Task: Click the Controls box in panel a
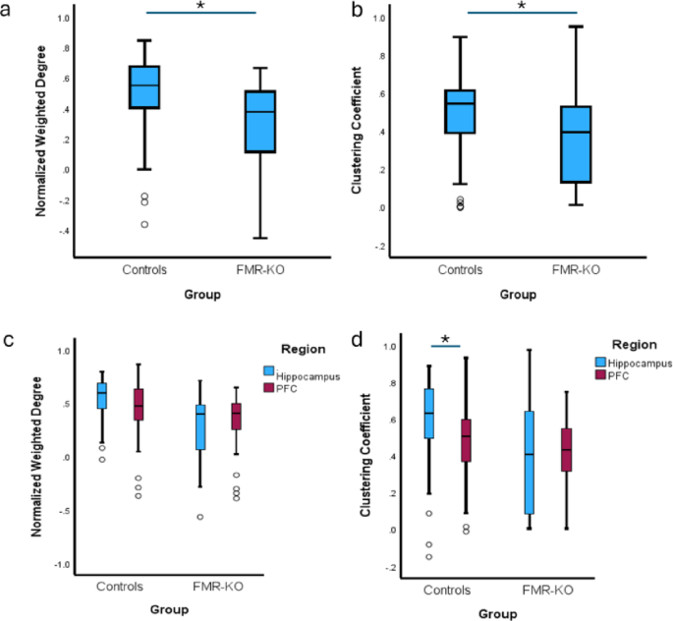[x=144, y=86]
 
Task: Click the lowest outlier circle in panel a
[x=144, y=224]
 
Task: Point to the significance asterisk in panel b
[x=522, y=7]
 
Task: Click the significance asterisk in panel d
[x=447, y=340]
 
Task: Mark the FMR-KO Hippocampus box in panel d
[x=531, y=462]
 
